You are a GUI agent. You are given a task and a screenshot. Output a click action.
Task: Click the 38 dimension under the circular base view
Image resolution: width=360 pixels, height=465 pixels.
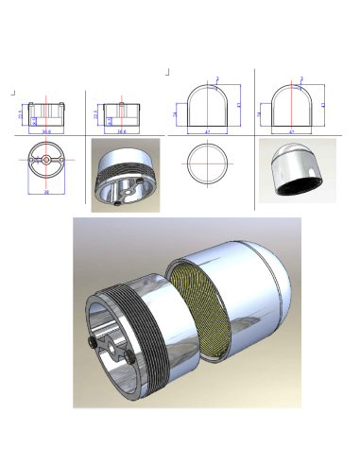pyautogui.click(x=46, y=191)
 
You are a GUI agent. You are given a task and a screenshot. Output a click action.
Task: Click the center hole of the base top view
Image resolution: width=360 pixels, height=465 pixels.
pyautogui.click(x=46, y=161)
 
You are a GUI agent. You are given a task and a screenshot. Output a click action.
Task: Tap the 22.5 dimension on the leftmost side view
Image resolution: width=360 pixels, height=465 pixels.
pyautogui.click(x=20, y=113)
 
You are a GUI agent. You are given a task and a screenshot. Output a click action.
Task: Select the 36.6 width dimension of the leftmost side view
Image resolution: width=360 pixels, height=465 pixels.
pyautogui.click(x=46, y=131)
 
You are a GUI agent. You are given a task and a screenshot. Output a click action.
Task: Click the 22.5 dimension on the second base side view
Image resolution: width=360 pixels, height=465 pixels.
pyautogui.click(x=95, y=113)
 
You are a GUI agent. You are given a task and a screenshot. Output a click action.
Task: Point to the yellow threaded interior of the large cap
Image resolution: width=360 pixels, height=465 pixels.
pyautogui.click(x=197, y=316)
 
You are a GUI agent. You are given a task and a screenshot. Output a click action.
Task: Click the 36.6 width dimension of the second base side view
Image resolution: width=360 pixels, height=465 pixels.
pyautogui.click(x=122, y=131)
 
